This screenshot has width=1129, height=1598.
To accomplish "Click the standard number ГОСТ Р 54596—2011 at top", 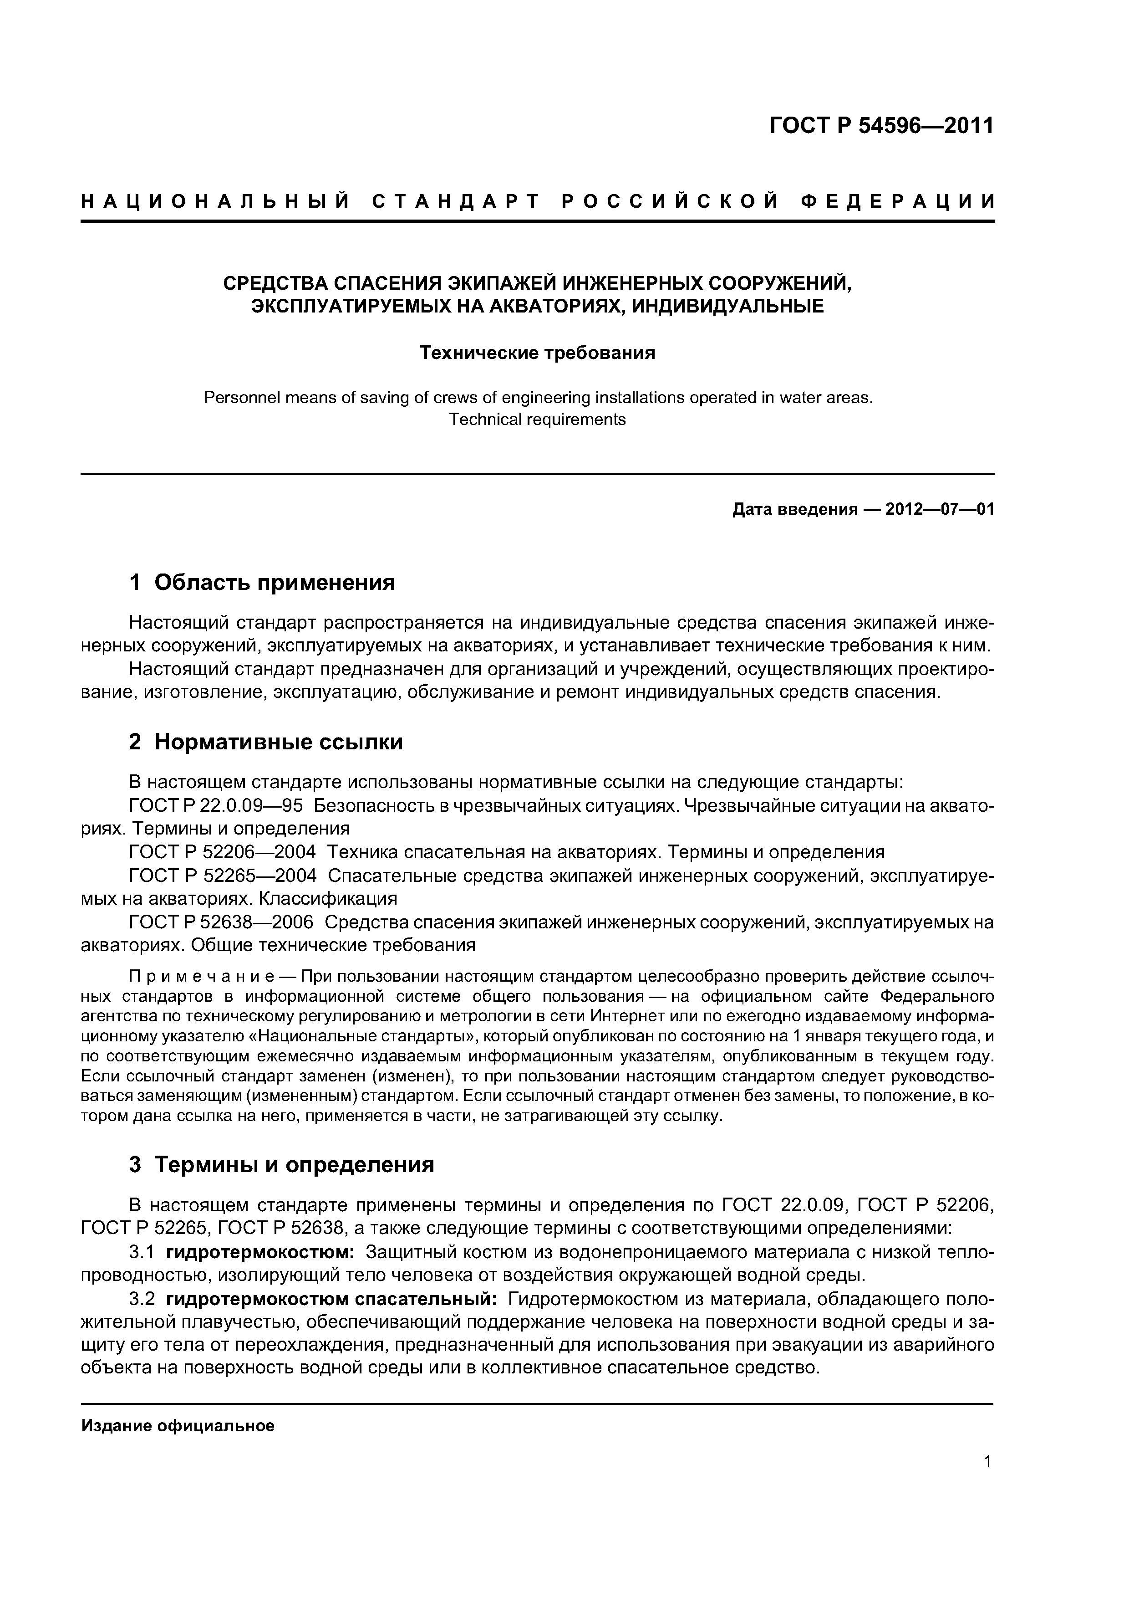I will pos(881,126).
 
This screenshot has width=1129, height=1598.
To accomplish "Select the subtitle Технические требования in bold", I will pos(537,353).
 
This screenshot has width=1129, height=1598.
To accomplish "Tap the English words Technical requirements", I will pos(537,420).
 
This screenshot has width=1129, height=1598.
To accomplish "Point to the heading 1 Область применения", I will pos(262,582).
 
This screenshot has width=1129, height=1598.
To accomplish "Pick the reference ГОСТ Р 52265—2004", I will pos(223,876).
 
